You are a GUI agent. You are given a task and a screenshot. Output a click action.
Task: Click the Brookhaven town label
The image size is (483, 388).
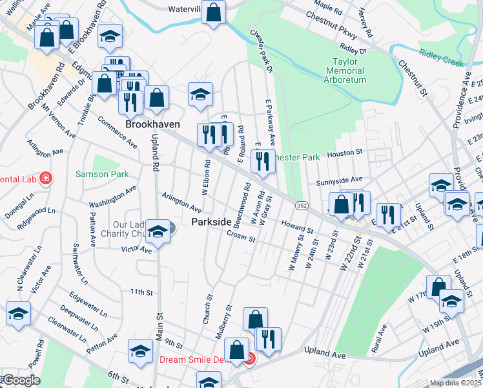[152, 124]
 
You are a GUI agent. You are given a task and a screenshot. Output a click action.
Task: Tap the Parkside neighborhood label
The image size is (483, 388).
[211, 222]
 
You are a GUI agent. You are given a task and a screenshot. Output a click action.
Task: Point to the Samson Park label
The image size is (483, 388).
[102, 174]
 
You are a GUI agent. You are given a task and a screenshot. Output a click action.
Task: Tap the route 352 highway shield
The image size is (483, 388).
[302, 205]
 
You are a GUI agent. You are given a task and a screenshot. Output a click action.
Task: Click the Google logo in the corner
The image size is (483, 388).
[21, 380]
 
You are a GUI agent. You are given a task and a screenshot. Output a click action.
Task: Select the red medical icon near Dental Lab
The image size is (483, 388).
[45, 178]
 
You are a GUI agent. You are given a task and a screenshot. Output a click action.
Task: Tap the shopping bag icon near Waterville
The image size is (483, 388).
[212, 12]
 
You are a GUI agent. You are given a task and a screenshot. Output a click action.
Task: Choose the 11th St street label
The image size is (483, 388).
[140, 292]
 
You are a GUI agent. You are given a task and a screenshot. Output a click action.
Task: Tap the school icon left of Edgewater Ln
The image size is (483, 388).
[18, 314]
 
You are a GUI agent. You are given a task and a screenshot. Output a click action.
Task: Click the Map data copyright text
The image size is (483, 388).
[456, 383]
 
